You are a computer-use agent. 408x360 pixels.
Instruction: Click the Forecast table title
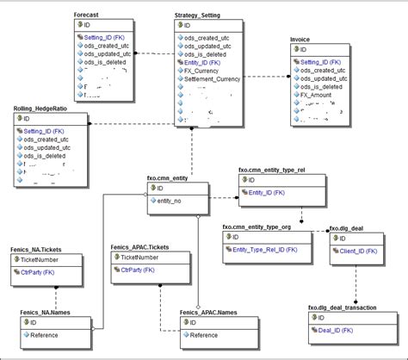click(x=86, y=16)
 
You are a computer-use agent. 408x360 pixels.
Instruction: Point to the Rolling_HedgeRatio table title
click(x=42, y=109)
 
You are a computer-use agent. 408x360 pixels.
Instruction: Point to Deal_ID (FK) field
click(x=337, y=328)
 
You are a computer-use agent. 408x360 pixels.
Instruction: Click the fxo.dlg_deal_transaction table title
click(x=345, y=307)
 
